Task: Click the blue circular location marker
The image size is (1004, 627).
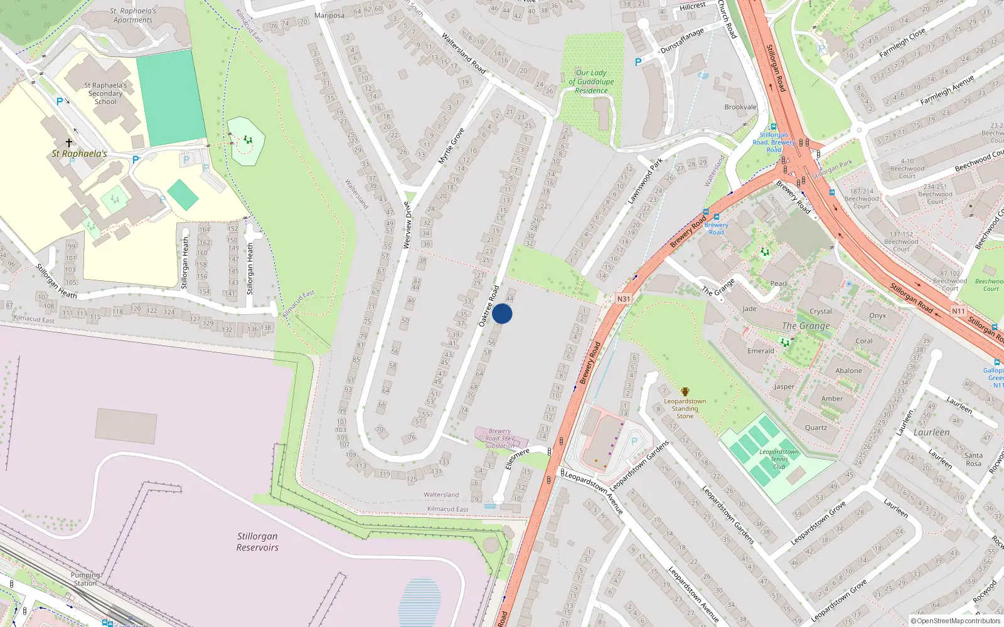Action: click(502, 313)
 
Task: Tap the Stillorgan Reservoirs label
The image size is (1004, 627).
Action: click(257, 542)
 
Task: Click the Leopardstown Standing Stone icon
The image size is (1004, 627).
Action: click(685, 392)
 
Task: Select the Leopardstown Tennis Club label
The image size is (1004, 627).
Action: click(779, 459)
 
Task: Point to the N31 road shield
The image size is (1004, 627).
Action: click(623, 299)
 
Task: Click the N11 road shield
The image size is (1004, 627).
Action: click(958, 311)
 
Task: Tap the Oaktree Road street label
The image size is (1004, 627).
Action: click(489, 306)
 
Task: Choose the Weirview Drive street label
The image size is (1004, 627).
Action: click(407, 224)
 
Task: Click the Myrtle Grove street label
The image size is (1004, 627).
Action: click(451, 147)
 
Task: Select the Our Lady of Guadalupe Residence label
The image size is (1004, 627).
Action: click(591, 82)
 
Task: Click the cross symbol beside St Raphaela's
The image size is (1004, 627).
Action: click(69, 143)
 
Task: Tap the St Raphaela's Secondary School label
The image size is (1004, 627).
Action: click(105, 93)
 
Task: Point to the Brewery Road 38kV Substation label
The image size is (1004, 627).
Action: click(499, 438)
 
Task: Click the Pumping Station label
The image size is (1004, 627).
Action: click(85, 579)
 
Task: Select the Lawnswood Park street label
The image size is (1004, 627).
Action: click(646, 181)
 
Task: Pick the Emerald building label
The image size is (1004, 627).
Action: click(761, 351)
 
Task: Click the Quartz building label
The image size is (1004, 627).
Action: click(816, 428)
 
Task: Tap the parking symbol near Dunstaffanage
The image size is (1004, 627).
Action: click(638, 62)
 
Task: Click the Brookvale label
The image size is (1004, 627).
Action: click(740, 107)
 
